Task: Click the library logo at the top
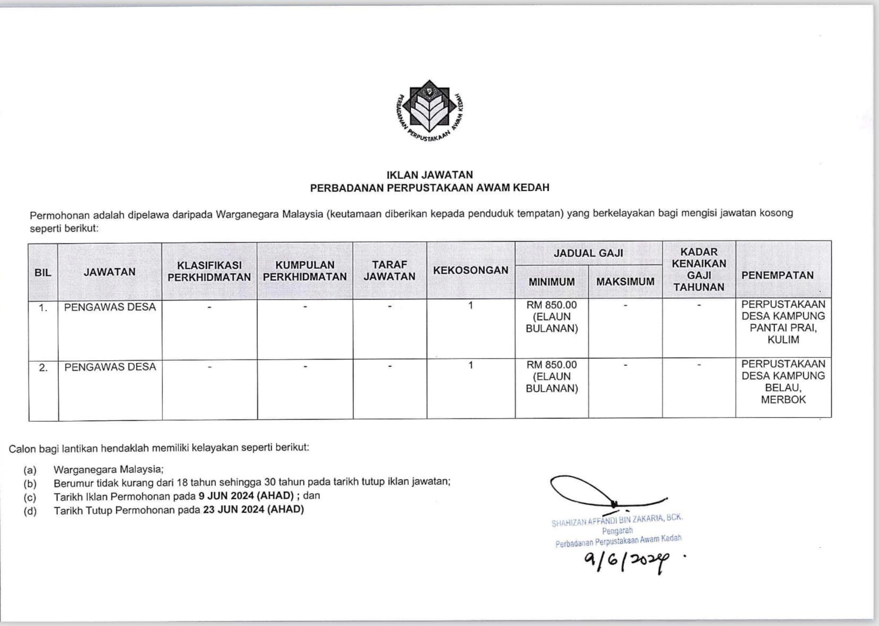[429, 112]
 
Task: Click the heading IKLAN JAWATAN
[430, 175]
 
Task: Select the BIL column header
[43, 272]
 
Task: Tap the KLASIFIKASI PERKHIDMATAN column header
[209, 271]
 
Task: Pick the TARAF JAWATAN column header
[389, 270]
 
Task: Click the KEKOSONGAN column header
[471, 270]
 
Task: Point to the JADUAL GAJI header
[588, 253]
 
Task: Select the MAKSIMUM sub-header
[625, 282]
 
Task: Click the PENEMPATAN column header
[777, 275]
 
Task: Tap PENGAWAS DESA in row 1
[110, 307]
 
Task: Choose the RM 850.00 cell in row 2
[552, 365]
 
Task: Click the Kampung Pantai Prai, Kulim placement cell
[783, 322]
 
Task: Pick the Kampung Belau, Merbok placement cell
[783, 382]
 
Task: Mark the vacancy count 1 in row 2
[471, 365]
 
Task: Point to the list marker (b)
[30, 483]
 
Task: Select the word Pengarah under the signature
[617, 530]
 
